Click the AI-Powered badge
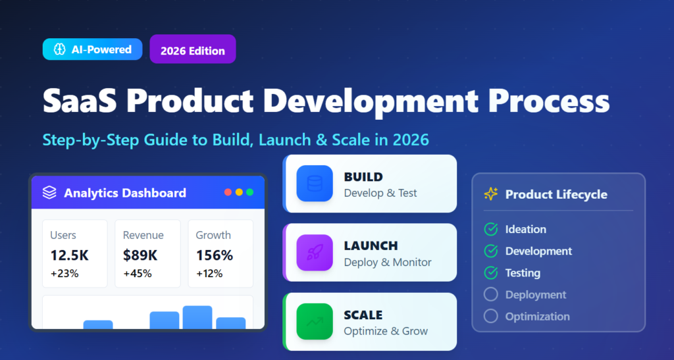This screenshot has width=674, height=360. tap(92, 49)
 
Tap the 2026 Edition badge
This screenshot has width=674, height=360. tap(192, 50)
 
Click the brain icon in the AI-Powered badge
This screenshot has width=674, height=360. tap(60, 49)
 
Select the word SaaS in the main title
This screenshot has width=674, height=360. tap(78, 102)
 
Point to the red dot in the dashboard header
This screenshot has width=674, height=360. tap(228, 192)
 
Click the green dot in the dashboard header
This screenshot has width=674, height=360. tap(250, 192)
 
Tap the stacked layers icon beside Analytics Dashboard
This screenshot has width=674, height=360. tap(49, 193)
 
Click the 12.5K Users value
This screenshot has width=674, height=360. tap(69, 255)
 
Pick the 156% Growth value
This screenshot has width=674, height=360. tap(215, 255)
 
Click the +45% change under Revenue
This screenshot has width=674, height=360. tap(137, 273)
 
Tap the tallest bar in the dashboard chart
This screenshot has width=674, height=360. tap(197, 317)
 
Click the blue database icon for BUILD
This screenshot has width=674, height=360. tap(315, 184)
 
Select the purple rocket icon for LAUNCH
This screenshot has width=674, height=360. tap(315, 253)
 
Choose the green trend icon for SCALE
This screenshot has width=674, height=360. tap(315, 321)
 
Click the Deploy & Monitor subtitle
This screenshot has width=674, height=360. tap(388, 262)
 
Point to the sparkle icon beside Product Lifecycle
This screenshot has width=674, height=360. tap(491, 194)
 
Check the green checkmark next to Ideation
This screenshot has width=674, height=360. tap(490, 230)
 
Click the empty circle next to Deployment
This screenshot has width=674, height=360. tap(490, 294)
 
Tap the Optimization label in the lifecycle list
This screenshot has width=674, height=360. tap(537, 317)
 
